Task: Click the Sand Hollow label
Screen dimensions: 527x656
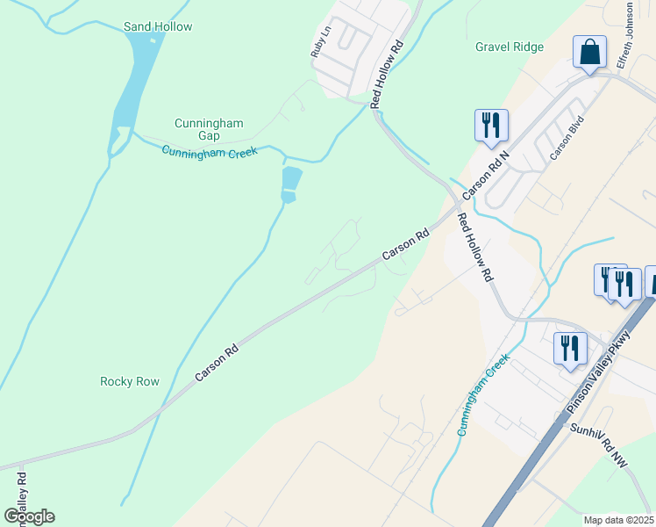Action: pyautogui.click(x=158, y=26)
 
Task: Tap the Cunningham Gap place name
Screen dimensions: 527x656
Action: pyautogui.click(x=209, y=129)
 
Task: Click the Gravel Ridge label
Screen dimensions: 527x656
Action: pyautogui.click(x=510, y=47)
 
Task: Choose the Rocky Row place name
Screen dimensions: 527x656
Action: pyautogui.click(x=130, y=381)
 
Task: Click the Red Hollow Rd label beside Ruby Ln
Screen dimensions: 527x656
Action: pyautogui.click(x=387, y=74)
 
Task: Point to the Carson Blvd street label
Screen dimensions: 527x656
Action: pyautogui.click(x=567, y=139)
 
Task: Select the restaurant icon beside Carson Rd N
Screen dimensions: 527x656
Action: pyautogui.click(x=491, y=125)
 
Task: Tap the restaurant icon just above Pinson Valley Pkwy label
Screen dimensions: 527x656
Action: pyautogui.click(x=570, y=347)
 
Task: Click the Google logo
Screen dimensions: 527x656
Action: pyautogui.click(x=30, y=516)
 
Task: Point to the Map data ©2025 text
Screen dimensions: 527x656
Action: pyautogui.click(x=618, y=520)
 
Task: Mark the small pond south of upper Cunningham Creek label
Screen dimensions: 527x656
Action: pyautogui.click(x=291, y=183)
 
